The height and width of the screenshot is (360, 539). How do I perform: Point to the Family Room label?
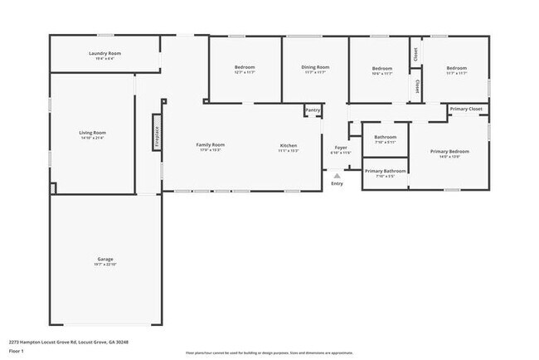click(x=210, y=145)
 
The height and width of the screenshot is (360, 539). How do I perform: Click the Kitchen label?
click(x=288, y=145)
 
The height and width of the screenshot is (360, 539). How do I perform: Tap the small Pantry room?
click(x=313, y=109)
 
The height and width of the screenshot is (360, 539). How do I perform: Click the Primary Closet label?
click(x=466, y=109)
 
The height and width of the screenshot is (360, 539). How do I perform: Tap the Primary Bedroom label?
click(x=449, y=152)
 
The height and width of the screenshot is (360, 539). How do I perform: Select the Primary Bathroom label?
click(x=386, y=172)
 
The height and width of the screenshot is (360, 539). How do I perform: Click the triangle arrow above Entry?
click(x=337, y=176)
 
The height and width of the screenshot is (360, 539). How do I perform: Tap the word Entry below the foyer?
click(x=337, y=183)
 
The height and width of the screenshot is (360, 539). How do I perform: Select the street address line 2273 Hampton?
click(x=68, y=341)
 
